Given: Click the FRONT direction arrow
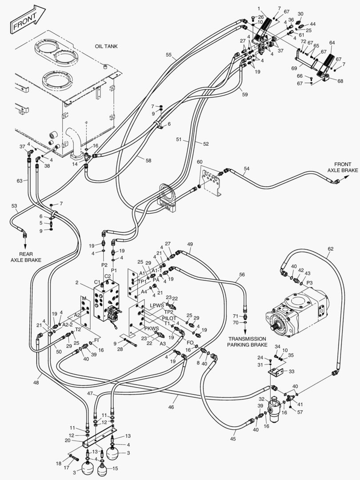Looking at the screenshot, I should coord(27,20).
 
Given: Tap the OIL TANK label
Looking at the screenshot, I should coord(106,46).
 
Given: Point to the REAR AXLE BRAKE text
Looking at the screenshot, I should coord(25,256).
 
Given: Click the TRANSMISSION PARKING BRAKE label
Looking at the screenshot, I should coord(246,341).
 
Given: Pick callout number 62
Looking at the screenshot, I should coord(330,248).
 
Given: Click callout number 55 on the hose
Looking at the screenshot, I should coord(168,55).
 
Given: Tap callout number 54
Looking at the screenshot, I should coord(247,169).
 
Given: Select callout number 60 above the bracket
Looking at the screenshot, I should coord(200,162).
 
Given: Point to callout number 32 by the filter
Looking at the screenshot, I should coord(262,400).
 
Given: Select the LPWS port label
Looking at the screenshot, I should coord(156,306).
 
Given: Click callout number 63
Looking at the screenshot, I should coord(19,180).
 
